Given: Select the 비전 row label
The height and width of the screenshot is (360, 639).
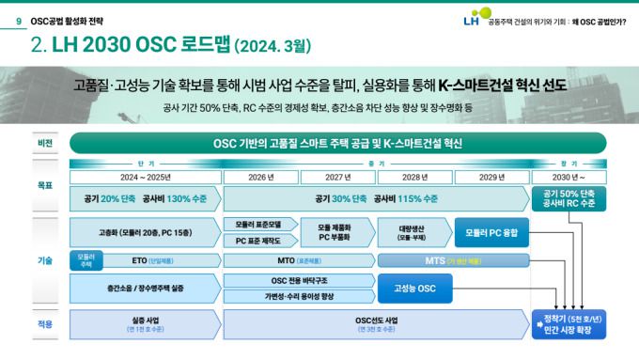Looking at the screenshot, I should [44, 144].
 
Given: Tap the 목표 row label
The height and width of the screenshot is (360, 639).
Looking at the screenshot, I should [44, 186].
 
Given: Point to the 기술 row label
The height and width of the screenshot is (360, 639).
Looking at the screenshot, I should [44, 259].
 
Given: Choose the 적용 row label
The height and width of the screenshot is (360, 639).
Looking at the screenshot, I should [44, 324].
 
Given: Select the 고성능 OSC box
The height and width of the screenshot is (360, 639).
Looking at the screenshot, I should [414, 288].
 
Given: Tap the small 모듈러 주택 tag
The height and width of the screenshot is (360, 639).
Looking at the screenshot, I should [86, 260].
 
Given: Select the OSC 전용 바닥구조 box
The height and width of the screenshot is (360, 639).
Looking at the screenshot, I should [299, 280].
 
